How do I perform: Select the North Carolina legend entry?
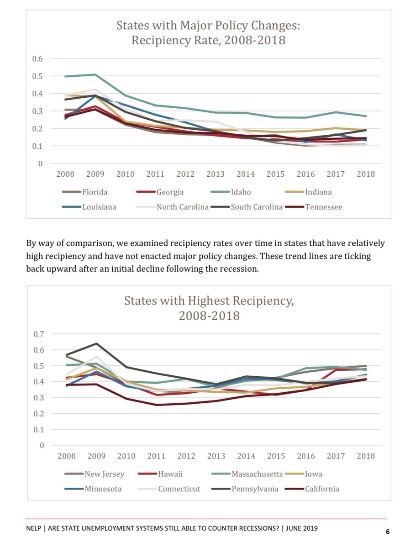point(182,207)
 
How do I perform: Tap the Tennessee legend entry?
point(323,207)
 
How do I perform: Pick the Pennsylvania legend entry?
point(255,489)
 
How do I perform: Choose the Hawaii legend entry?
point(170,474)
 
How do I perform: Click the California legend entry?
point(322,489)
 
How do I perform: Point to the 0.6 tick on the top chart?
point(37,58)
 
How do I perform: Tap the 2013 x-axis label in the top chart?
point(216,174)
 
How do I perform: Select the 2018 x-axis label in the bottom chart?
point(365,456)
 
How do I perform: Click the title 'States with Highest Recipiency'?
point(209,301)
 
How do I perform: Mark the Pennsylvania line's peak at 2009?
point(96,343)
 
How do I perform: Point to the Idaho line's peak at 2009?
point(95,74)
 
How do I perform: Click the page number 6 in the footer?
point(388,531)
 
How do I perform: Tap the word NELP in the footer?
point(35,528)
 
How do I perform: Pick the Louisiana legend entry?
point(99,207)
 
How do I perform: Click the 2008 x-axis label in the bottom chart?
point(67,456)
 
